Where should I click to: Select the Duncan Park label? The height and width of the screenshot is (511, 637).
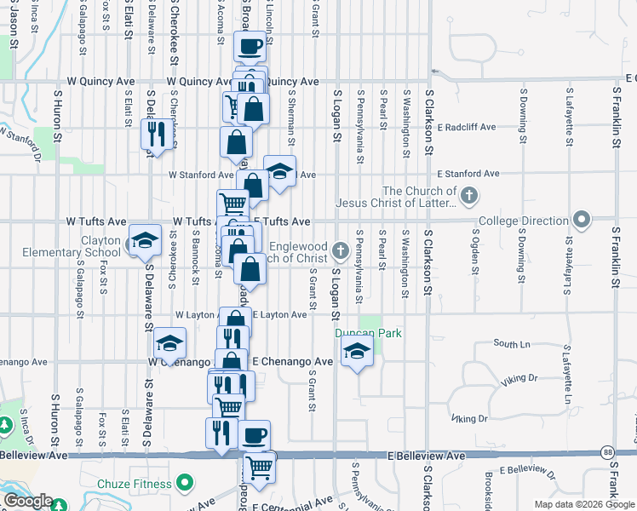[367, 334]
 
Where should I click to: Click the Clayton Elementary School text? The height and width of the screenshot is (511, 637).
[101, 246]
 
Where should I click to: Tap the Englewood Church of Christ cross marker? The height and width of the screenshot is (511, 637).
[341, 250]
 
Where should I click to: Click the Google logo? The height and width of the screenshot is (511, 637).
[28, 502]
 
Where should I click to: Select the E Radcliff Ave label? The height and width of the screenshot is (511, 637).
[466, 127]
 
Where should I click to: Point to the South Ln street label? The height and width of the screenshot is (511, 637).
[512, 344]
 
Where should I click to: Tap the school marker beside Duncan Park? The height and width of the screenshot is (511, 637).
[357, 351]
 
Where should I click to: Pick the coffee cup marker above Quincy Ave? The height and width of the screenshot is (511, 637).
[250, 48]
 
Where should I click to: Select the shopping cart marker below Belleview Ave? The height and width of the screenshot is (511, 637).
[260, 466]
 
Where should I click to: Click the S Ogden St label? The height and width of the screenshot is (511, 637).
[474, 253]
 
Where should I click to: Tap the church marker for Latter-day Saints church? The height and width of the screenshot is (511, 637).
[468, 198]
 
